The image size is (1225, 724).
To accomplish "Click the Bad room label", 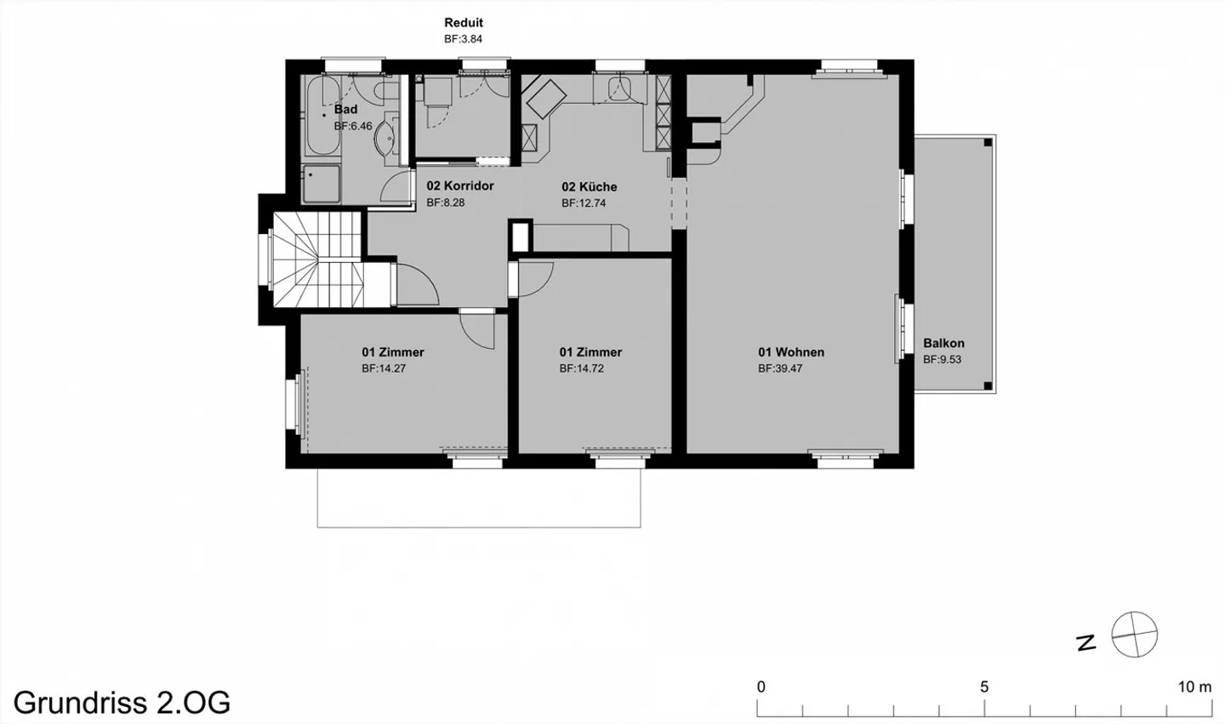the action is (x=345, y=110).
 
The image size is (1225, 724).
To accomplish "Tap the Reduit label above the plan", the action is (x=464, y=23).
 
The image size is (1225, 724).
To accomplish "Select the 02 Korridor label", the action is (x=460, y=186).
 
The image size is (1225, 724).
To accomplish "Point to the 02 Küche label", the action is (x=589, y=187).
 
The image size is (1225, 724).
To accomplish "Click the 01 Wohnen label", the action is (x=791, y=352).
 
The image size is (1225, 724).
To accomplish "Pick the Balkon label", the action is (x=944, y=344).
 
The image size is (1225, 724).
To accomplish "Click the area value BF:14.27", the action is (x=384, y=368).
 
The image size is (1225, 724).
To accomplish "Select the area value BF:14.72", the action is (x=581, y=368).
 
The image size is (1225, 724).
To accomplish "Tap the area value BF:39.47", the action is (x=780, y=368).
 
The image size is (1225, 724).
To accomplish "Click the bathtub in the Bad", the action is (x=322, y=116).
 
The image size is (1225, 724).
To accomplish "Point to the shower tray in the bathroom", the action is (x=322, y=185).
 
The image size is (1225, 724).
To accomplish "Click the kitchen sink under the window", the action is (x=620, y=88).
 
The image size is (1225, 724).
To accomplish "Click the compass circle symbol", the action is (x=1135, y=635).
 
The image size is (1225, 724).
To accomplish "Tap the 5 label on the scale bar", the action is (x=984, y=687).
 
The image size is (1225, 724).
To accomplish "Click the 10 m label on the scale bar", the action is (x=1195, y=687).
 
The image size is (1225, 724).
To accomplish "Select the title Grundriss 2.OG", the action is (x=122, y=703).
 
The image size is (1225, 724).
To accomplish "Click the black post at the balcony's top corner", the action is (x=988, y=143).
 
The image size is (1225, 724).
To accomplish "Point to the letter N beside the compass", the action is (x=1086, y=642).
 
